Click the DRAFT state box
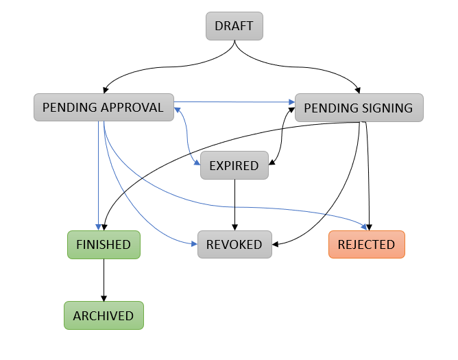[x=234, y=27]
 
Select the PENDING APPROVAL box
[x=103, y=108]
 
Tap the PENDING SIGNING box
[x=359, y=108]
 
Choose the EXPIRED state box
[x=234, y=166]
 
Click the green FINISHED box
[x=104, y=245]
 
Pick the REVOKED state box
[x=234, y=245]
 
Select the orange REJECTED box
[x=366, y=245]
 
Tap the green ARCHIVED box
[x=104, y=316]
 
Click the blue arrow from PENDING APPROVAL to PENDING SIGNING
[x=233, y=101]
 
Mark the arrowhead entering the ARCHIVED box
[x=104, y=298]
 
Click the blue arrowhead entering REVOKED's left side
[x=193, y=243]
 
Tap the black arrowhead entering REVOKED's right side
[x=276, y=243]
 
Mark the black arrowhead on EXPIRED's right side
[x=272, y=163]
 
